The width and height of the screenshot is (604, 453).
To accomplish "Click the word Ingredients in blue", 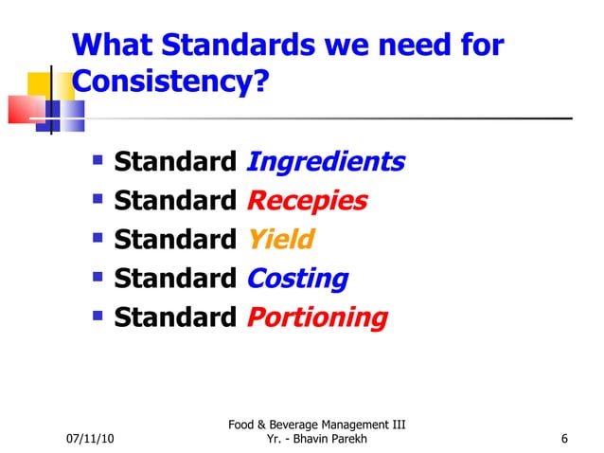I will (325, 163).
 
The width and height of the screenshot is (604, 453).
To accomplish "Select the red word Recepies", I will (307, 202).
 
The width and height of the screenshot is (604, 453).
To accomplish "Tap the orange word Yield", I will (279, 241).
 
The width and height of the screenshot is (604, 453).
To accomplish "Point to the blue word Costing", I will (297, 280).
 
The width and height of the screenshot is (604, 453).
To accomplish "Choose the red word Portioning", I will (317, 318).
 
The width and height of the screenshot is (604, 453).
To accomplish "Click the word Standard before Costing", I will (175, 280).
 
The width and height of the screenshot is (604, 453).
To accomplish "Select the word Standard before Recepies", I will (175, 202).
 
